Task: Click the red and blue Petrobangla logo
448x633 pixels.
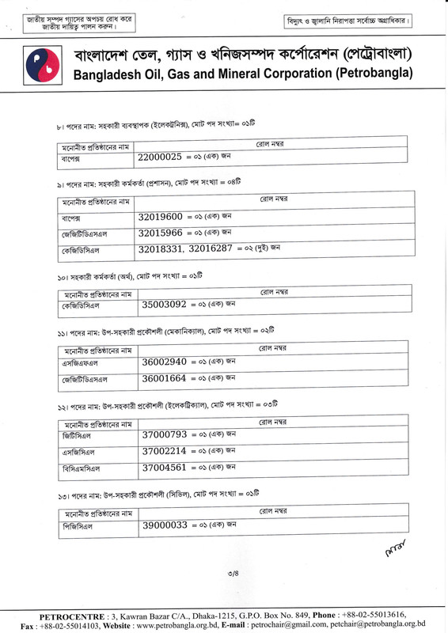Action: (x=39, y=66)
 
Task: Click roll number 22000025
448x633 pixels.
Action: (x=160, y=158)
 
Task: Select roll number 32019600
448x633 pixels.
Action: (x=161, y=216)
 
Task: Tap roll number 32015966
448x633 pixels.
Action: (x=161, y=233)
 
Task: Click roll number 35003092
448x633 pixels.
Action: (x=164, y=303)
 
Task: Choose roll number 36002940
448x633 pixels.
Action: (x=165, y=362)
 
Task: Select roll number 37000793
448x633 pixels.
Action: (x=165, y=434)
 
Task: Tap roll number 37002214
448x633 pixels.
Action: (x=165, y=451)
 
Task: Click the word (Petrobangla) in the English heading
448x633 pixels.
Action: (x=374, y=74)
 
